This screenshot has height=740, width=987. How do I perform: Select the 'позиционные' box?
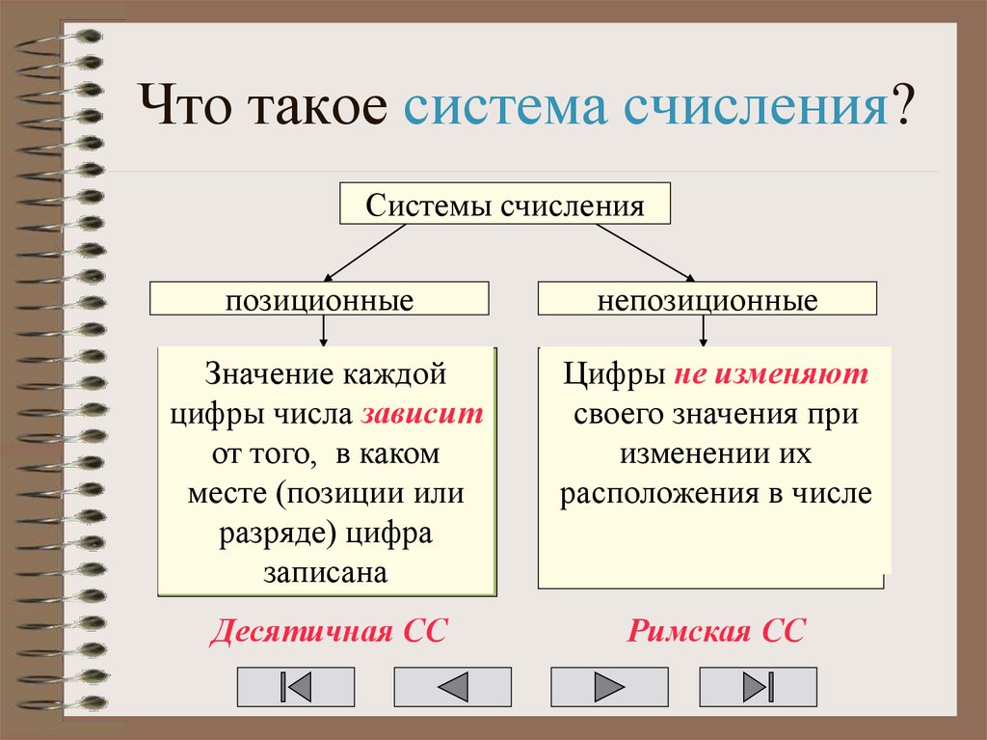pyautogui.click(x=319, y=298)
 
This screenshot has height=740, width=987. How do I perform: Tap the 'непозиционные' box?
pyautogui.click(x=707, y=298)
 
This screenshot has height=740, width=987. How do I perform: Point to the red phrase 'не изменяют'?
pyautogui.click(x=771, y=373)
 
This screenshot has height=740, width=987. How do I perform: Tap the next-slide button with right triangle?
pyautogui.click(x=608, y=687)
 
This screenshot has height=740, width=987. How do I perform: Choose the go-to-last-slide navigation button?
pyautogui.click(x=758, y=687)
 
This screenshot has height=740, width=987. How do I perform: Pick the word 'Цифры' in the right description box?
pyautogui.click(x=613, y=373)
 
